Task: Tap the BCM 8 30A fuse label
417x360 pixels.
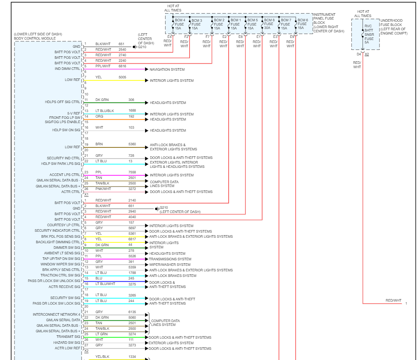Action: pos(269,24)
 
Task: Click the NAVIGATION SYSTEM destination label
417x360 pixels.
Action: pos(167,69)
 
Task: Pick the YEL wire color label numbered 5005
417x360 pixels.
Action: pos(98,77)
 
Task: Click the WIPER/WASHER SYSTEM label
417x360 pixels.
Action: pos(170,265)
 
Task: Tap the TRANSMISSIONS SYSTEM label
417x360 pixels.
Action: pos(170,259)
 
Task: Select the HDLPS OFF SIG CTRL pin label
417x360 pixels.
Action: pos(63,102)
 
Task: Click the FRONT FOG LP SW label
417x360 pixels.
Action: pos(65,117)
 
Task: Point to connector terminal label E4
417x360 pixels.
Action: pos(169,37)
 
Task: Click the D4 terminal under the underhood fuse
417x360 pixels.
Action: pos(359,55)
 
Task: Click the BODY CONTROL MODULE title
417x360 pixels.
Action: pos(35,38)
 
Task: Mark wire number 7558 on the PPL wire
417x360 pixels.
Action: pos(132,172)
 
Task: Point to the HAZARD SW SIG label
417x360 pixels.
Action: pos(67,343)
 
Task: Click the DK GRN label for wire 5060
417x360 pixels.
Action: pos(102,317)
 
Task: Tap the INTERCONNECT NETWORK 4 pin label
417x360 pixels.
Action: pos(56,314)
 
